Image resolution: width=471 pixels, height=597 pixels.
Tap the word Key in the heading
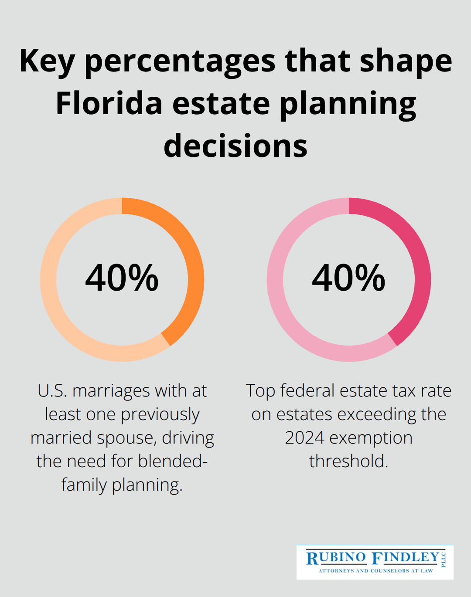point(47,62)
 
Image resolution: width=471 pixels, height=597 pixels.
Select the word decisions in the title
point(235,146)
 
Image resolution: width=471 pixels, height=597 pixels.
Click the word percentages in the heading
point(180,62)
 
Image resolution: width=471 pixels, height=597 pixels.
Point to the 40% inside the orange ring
point(122,278)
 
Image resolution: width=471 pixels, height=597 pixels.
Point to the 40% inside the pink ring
point(348,278)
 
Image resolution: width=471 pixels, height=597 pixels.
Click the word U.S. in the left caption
point(52,391)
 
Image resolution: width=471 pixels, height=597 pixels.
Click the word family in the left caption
point(84,485)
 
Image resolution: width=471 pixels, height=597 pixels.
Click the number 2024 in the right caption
point(304,438)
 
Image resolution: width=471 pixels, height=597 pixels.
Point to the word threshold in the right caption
point(348,461)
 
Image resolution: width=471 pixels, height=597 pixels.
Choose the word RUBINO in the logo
point(336,558)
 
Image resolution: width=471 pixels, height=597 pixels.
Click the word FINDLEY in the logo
point(406,557)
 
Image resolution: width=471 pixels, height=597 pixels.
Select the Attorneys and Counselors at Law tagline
point(375,570)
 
